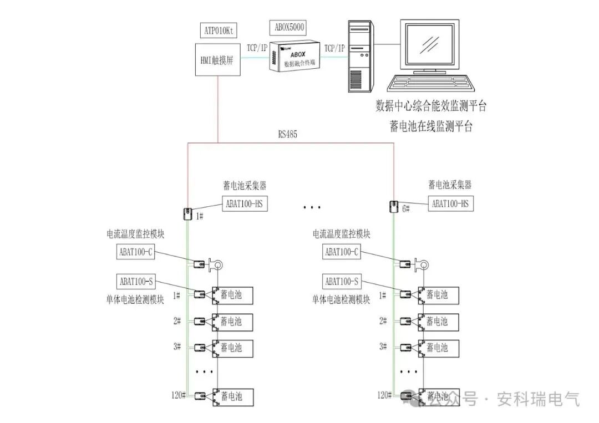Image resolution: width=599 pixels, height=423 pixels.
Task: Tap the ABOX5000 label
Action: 290,26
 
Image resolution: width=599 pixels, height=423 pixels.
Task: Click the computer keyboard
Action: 432,84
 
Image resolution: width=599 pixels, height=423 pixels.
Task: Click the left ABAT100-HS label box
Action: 245,203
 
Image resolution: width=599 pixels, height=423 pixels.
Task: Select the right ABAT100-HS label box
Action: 450,203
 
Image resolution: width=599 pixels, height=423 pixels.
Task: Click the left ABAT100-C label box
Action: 135,252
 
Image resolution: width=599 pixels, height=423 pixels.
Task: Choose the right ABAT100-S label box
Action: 341,282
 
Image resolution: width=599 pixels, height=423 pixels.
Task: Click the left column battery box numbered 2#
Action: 231,322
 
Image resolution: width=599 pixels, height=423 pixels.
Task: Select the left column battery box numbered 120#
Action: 231,396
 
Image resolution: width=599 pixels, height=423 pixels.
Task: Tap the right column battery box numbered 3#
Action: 438,348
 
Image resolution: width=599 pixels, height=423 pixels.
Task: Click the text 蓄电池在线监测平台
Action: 432,127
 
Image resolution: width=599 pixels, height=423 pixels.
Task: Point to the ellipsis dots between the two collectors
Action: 312,207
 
